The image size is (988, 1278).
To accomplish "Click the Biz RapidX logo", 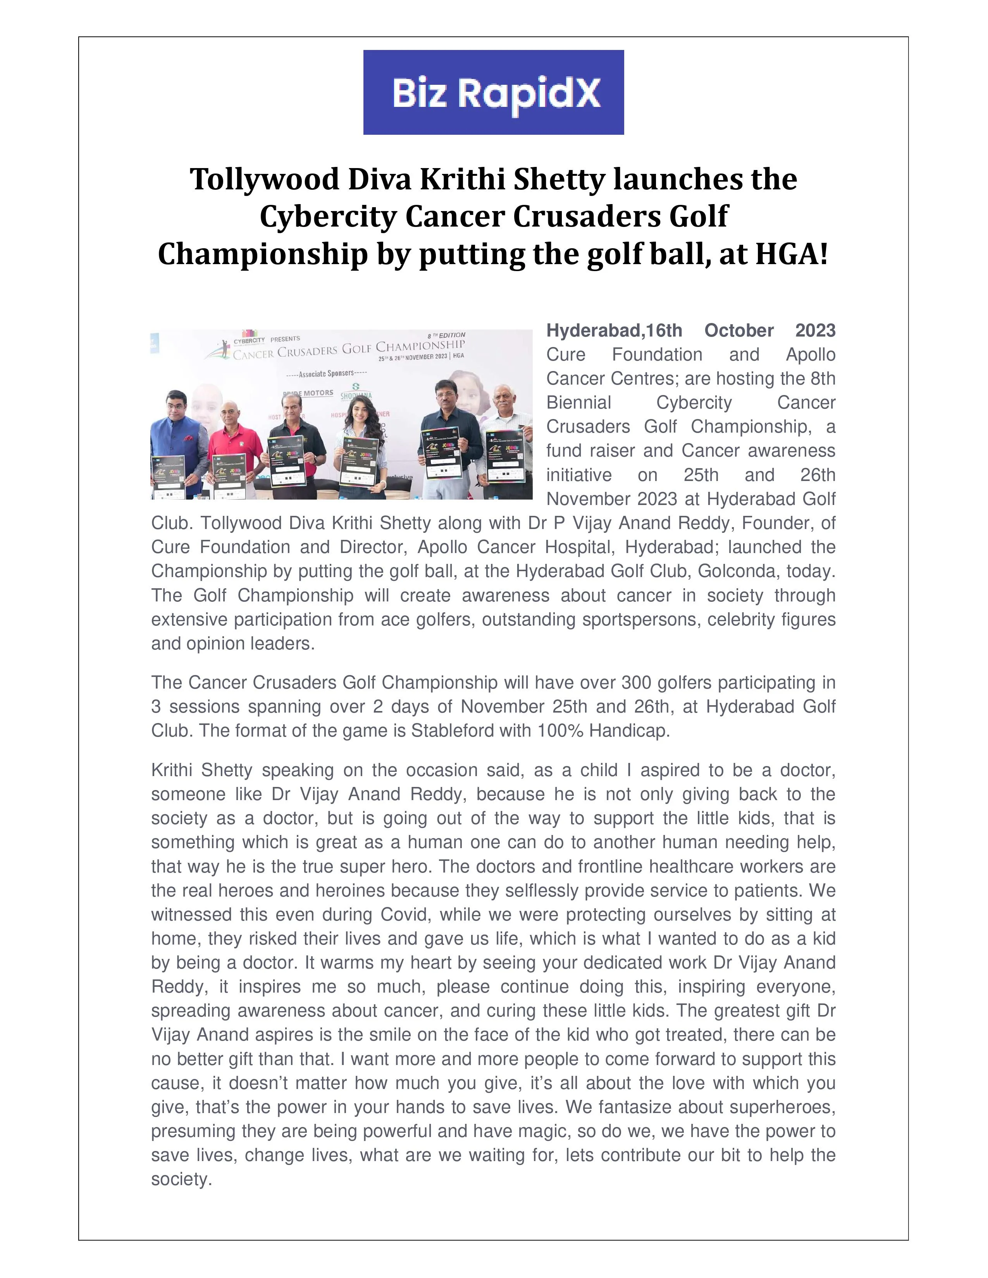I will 493,93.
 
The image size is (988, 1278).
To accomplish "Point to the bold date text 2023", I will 815,331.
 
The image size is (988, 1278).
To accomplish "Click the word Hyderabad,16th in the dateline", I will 614,331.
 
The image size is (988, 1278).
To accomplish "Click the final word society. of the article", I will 181,1179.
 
